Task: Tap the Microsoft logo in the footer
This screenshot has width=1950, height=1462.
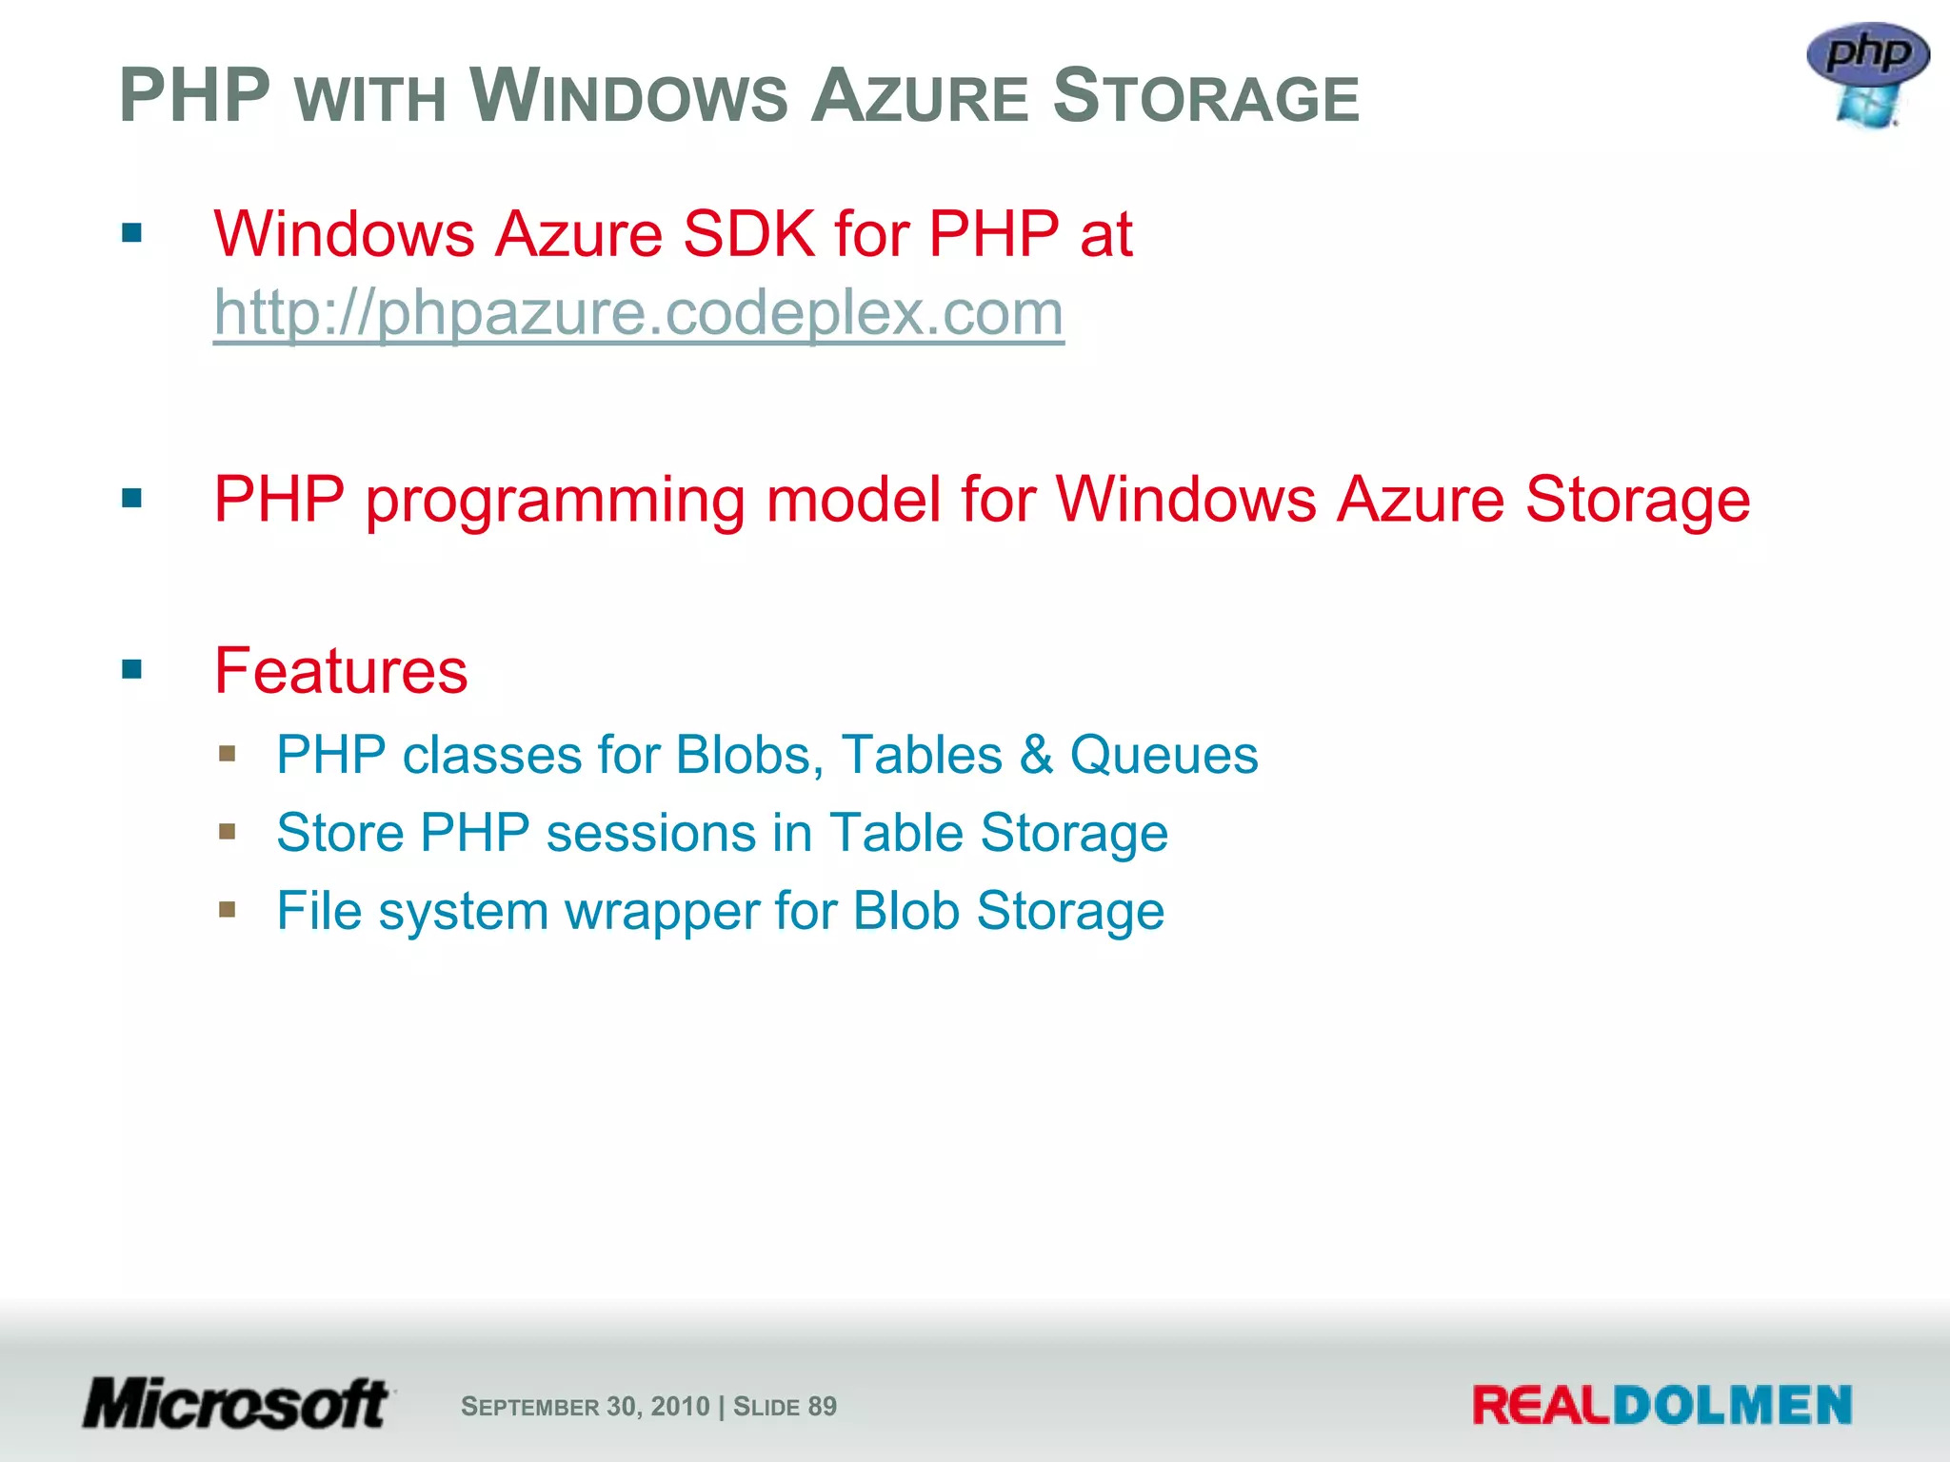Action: [236, 1403]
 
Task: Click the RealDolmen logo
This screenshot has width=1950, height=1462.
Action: [1661, 1405]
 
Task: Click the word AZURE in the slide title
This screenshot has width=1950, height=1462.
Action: [920, 97]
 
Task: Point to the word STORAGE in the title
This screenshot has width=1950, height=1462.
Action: [1206, 97]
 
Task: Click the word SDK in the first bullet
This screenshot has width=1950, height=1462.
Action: [748, 234]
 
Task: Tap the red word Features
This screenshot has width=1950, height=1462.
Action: [341, 670]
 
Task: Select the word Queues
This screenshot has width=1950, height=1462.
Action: [1164, 756]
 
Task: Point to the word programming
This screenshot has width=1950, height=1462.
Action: [555, 501]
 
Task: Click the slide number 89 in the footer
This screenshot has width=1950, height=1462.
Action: [822, 1407]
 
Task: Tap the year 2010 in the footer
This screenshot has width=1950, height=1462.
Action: [680, 1407]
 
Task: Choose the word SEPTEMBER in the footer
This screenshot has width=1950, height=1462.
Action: [529, 1407]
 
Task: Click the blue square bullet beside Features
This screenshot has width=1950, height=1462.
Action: [131, 669]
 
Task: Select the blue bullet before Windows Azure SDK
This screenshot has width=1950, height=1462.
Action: [131, 233]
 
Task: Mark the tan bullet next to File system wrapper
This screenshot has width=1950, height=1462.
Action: [227, 909]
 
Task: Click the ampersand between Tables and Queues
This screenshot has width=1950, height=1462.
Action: [1036, 756]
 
